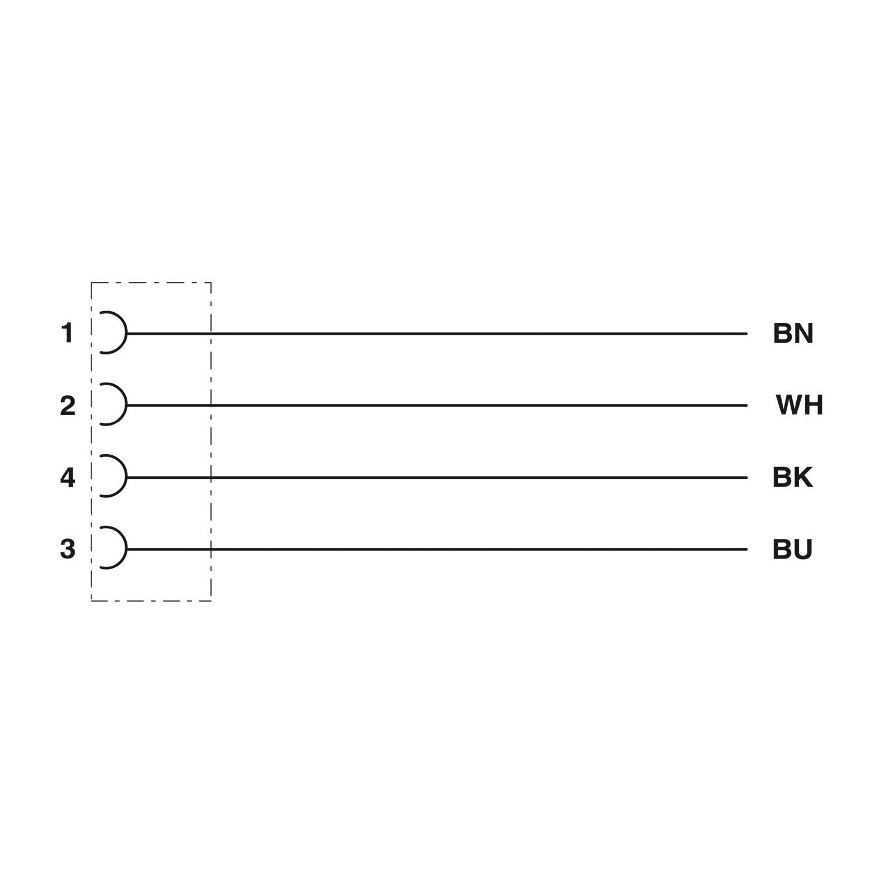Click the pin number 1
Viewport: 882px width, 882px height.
point(67,333)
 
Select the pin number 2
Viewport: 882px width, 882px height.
point(67,405)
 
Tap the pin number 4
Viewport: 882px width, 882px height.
point(67,477)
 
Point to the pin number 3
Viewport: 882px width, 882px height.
point(67,549)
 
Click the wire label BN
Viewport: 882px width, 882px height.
point(793,333)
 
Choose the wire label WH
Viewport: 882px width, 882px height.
point(800,405)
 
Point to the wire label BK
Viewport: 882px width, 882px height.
point(792,477)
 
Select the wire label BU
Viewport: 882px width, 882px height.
point(792,549)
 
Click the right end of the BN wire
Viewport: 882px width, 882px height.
point(747,334)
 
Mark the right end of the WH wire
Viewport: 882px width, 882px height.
point(747,405)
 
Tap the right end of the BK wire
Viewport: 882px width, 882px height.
point(747,478)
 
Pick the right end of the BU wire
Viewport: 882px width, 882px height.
point(747,549)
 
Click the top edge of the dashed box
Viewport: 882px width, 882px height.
point(151,283)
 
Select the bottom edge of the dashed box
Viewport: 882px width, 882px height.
point(151,601)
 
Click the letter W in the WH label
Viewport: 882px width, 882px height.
point(789,405)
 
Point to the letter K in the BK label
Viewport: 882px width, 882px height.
point(803,477)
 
